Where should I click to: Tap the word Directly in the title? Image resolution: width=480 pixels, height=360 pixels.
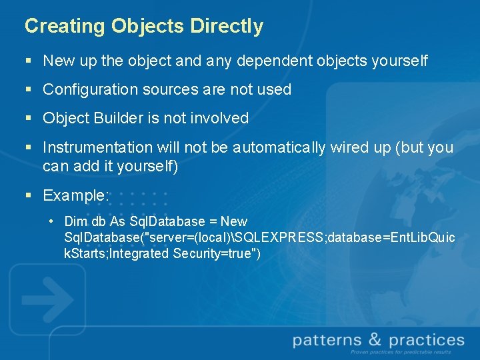tap(227, 26)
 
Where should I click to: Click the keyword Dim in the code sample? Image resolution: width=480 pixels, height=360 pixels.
tap(74, 221)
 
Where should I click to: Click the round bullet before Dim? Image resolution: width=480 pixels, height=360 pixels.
tap(51, 221)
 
